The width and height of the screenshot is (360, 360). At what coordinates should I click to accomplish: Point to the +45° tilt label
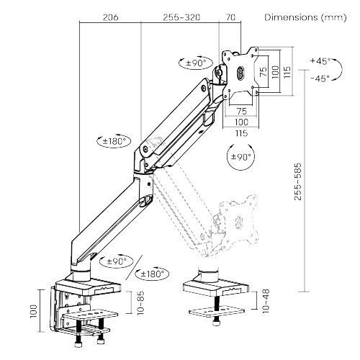[x=319, y=61]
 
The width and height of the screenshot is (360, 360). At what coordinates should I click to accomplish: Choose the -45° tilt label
[x=319, y=78]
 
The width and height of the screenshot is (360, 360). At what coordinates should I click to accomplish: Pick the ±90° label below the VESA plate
[x=238, y=156]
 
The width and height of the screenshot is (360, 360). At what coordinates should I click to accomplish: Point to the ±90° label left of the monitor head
[x=194, y=63]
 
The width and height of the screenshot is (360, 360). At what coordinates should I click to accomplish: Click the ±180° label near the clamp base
[x=153, y=274]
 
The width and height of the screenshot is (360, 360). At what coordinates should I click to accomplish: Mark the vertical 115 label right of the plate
[x=287, y=72]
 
